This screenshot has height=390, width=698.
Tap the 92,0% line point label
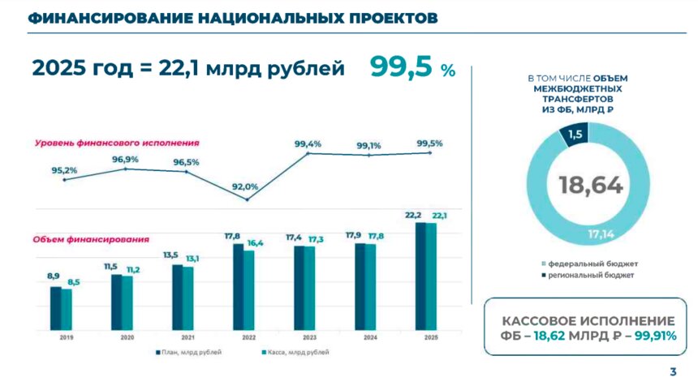(244, 186)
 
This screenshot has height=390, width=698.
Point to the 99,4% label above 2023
(308, 144)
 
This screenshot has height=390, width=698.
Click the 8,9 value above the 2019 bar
(54, 276)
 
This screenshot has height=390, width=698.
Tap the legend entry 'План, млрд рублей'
(188, 353)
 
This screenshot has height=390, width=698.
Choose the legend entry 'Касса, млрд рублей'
(295, 353)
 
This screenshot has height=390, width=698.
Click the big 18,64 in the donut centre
(590, 186)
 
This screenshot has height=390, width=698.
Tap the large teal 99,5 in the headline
(402, 67)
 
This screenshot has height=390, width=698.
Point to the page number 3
(673, 372)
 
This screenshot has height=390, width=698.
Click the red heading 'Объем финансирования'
(91, 239)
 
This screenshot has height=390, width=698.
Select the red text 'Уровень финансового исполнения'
(117, 143)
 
